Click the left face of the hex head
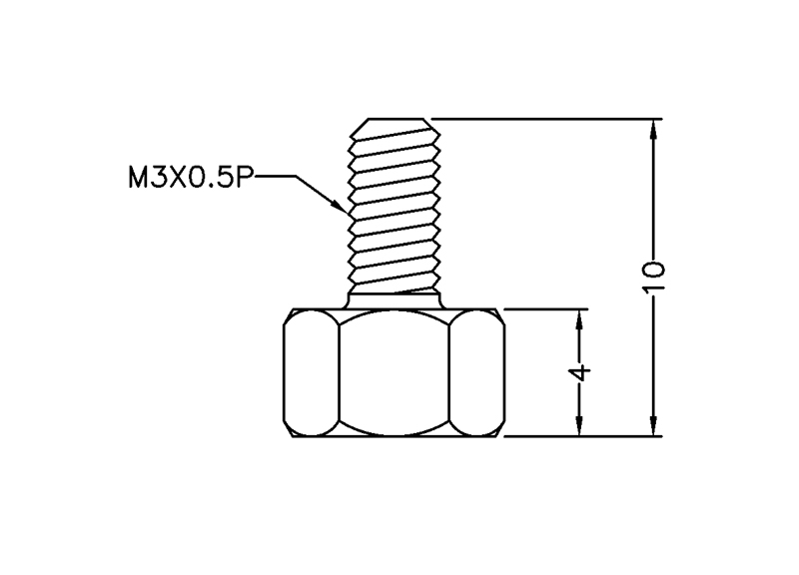tap(312, 372)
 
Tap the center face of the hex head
tap(394, 372)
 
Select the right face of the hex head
tap(475, 372)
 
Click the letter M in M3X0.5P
tap(137, 178)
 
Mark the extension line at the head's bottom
tap(579, 436)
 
